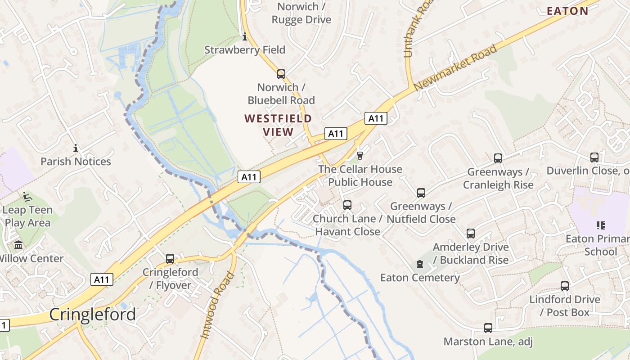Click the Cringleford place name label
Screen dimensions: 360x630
pos(92,314)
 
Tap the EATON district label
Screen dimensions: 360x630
pos(567,11)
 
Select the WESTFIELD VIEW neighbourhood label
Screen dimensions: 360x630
pos(278,125)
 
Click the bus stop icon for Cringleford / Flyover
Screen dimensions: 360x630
pos(170,259)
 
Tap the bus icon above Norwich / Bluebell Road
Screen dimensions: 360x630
pos(281,74)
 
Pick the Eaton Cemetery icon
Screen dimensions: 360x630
pos(420,264)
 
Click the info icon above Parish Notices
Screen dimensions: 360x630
pos(76,148)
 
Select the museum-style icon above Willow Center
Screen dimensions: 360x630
pos(19,245)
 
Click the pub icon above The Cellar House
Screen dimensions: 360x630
pos(360,156)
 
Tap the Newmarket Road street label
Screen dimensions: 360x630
pos(455,67)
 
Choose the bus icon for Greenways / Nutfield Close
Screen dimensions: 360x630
pos(421,193)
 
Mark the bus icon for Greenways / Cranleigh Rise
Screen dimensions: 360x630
pos(498,158)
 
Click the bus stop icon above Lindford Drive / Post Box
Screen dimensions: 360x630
pos(565,286)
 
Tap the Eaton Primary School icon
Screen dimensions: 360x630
pos(600,225)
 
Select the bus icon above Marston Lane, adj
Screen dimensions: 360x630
pos(488,328)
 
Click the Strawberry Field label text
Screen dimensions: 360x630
pos(245,49)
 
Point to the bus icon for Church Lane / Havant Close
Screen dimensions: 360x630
pos(347,205)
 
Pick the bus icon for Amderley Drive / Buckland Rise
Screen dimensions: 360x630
pos(471,234)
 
